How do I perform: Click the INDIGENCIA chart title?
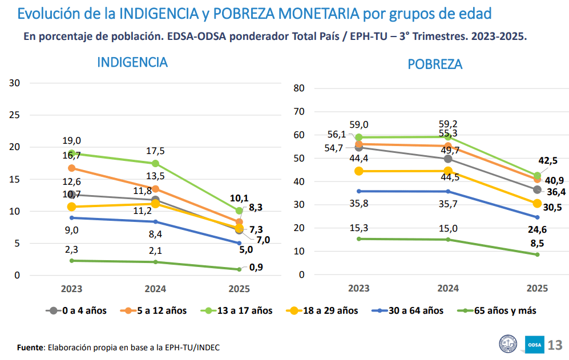[x=132, y=62]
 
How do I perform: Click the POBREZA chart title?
[x=435, y=64]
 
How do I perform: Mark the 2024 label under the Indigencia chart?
[x=155, y=289]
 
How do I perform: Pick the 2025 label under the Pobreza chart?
[x=538, y=289]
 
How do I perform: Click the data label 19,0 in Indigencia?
[x=72, y=141]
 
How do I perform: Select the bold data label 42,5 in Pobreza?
[x=549, y=161]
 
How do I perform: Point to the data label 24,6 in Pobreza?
[x=537, y=230]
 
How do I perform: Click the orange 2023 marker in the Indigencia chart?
[x=71, y=168]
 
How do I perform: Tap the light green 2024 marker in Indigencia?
[x=155, y=163]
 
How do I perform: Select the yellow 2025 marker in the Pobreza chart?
[x=537, y=204]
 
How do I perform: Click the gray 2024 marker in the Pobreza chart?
[x=448, y=159]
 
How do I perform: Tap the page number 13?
[x=555, y=345]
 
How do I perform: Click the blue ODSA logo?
[x=535, y=345]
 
